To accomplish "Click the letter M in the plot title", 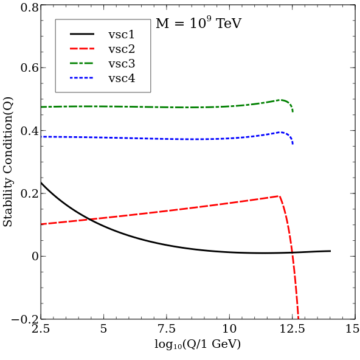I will coord(162,24).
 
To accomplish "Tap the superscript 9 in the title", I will coord(209,19).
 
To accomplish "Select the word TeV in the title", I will coord(229,24).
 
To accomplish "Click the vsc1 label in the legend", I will coord(122,35).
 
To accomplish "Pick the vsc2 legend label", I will coord(122,49).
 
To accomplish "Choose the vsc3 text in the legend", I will coord(122,64).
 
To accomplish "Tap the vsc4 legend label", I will coord(122,78).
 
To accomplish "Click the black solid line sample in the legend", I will coord(82,35).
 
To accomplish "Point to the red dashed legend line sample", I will coord(82,49).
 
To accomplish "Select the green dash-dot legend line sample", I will coord(82,64).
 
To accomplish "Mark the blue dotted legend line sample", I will coord(82,78).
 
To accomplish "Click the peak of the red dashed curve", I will coord(279,196).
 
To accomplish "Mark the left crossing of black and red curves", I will coord(89,219).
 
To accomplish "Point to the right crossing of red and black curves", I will coord(291,252).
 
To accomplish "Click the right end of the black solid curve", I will coord(330,251).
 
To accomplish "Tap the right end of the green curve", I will coord(292,112).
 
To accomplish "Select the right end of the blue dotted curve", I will coord(292,144).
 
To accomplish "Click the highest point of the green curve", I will coord(280,100).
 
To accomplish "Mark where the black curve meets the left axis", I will coord(41,182).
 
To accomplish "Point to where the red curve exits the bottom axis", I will coord(298,318).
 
